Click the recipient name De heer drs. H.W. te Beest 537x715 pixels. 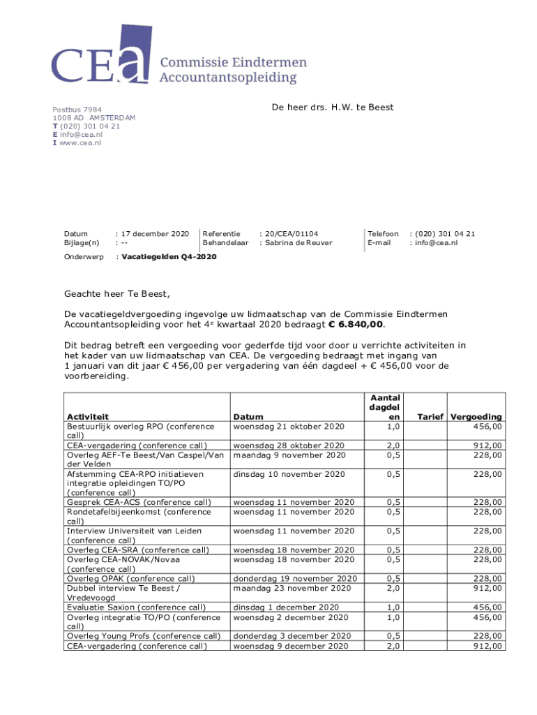pos(331,107)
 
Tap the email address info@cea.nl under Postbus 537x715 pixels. pos(81,134)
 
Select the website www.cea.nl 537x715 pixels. pos(80,142)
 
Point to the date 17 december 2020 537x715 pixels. pos(156,234)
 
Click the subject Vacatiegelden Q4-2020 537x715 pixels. pos(169,257)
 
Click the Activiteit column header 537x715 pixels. pos(87,417)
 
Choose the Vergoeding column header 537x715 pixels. pos(476,417)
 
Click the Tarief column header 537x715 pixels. pos(431,417)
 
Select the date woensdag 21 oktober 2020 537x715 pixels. pos(289,426)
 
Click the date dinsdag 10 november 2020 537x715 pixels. pos(289,475)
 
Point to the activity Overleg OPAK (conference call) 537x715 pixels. pos(131,578)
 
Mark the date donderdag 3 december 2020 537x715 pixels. pos(292,636)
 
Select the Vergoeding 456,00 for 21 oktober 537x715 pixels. pos(487,426)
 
